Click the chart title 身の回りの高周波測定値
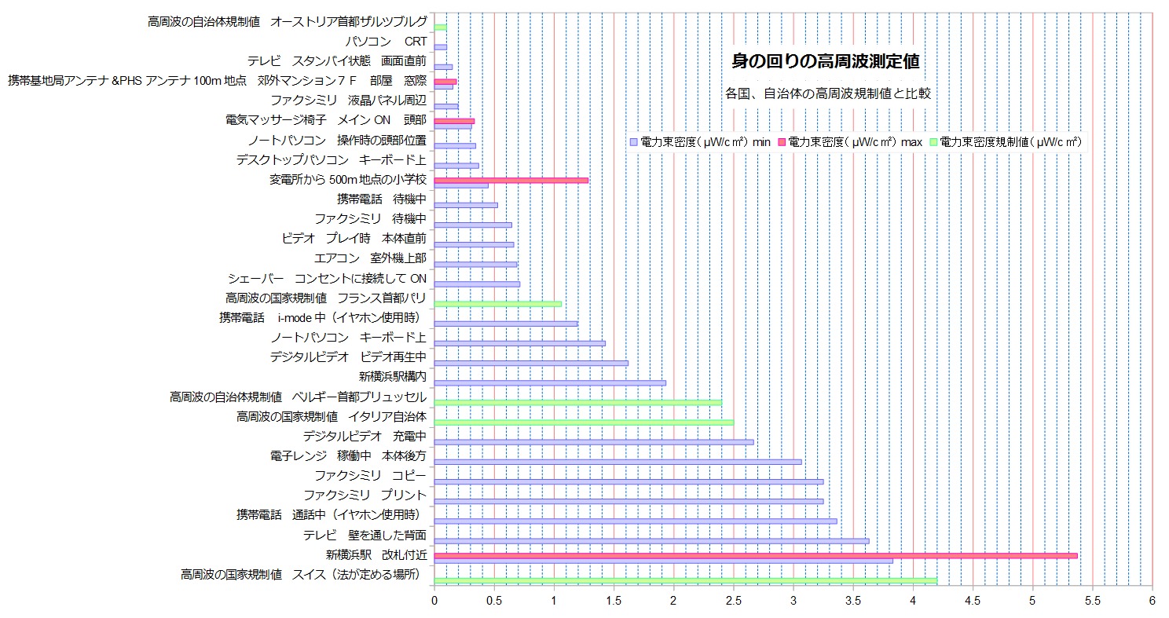click(x=825, y=60)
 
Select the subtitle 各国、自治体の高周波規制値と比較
click(x=828, y=93)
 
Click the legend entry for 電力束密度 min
click(x=699, y=142)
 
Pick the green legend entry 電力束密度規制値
click(x=1006, y=142)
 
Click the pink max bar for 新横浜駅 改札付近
click(x=754, y=555)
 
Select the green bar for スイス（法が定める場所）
click(x=685, y=581)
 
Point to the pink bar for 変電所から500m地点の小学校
click(x=511, y=181)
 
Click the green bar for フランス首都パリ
click(x=497, y=304)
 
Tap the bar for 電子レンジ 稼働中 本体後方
click(x=617, y=462)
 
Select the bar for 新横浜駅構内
click(x=550, y=383)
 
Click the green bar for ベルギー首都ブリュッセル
click(x=577, y=403)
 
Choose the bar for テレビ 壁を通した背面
click(x=651, y=541)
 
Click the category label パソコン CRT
click(x=386, y=42)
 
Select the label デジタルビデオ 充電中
click(x=365, y=436)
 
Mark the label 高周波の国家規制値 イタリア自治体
click(x=331, y=416)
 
